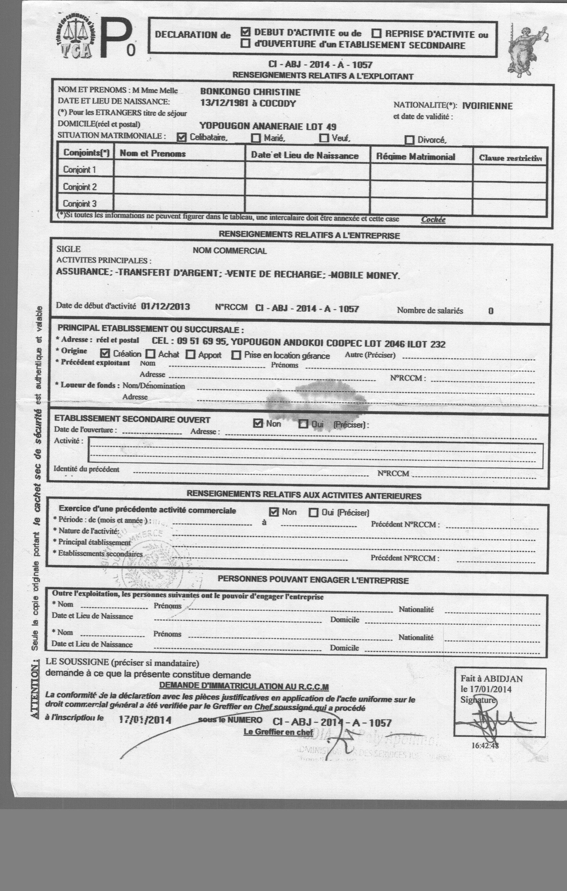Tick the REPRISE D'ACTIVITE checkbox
(376, 34)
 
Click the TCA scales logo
(77, 39)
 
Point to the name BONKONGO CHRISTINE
(250, 92)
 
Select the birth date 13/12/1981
(224, 103)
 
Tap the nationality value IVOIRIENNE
(487, 106)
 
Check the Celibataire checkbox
(181, 137)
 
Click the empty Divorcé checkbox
(409, 140)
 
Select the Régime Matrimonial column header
(416, 157)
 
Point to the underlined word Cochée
(433, 219)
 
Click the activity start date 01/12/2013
(166, 306)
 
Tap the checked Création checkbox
(105, 353)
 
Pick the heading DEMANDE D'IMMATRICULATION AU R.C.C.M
(244, 686)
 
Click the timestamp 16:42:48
(485, 745)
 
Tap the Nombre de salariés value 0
(491, 311)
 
